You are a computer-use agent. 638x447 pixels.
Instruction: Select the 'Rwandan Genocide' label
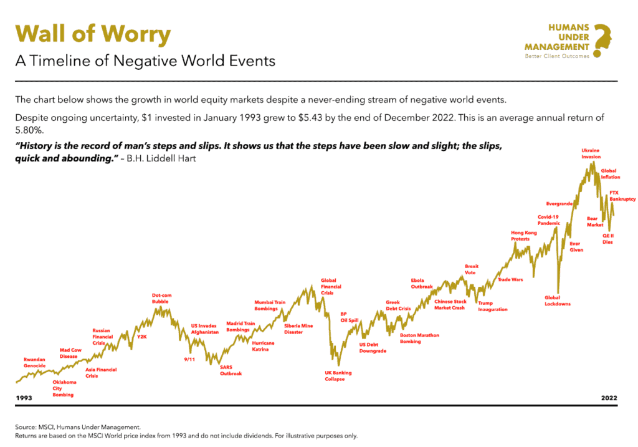coord(34,362)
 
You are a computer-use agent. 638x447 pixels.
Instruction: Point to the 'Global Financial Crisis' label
coord(328,287)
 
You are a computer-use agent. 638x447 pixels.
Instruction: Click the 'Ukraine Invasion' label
coord(591,153)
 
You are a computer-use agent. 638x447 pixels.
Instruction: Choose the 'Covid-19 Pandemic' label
coord(549,219)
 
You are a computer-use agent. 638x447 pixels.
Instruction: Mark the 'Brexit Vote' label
coord(472,269)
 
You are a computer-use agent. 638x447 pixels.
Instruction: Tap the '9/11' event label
coord(189,359)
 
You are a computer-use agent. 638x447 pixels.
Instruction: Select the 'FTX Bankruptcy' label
coord(622,196)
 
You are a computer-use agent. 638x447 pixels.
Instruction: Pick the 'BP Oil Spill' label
coord(349,317)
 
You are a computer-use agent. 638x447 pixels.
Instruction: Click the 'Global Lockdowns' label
coord(557,300)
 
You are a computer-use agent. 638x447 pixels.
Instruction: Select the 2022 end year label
coord(609,397)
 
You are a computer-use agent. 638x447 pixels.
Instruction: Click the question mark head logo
coord(601,41)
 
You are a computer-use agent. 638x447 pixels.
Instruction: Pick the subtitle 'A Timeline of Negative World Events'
coord(145,62)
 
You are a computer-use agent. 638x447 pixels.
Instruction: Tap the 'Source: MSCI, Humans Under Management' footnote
coord(78,426)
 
